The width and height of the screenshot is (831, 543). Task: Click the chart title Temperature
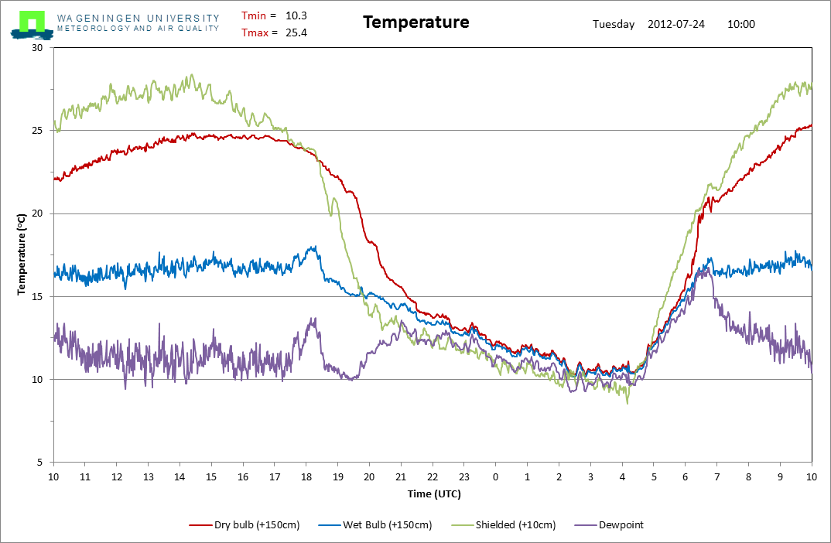coord(416,22)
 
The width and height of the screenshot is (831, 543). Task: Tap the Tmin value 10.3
coord(296,16)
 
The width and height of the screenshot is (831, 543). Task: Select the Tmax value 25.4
coord(296,32)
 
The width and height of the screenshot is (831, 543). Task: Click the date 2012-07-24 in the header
coord(676,24)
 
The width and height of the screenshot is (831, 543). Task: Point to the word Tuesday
coord(614,25)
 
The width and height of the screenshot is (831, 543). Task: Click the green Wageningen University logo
coord(32,25)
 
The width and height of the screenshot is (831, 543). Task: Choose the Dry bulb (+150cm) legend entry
coord(245,525)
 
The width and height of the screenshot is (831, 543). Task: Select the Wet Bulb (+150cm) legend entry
coord(375,525)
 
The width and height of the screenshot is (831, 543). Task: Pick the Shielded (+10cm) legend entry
coord(504,525)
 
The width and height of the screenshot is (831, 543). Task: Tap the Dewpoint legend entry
coord(609,525)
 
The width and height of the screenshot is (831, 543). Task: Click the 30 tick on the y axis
coord(37,48)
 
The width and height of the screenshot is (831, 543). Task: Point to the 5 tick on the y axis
coord(39,463)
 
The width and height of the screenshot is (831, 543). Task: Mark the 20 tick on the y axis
coord(37,213)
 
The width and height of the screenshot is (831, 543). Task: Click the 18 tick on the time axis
coord(306,476)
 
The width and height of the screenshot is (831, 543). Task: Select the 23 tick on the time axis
coord(464,476)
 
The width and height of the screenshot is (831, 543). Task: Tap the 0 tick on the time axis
coord(495,476)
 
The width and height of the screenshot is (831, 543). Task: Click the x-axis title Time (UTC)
coord(434,493)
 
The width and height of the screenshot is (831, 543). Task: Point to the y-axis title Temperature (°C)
coord(21,254)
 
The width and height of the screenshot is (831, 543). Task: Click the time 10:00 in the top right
coord(741,24)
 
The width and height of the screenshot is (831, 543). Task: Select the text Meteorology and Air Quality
coord(138,29)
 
